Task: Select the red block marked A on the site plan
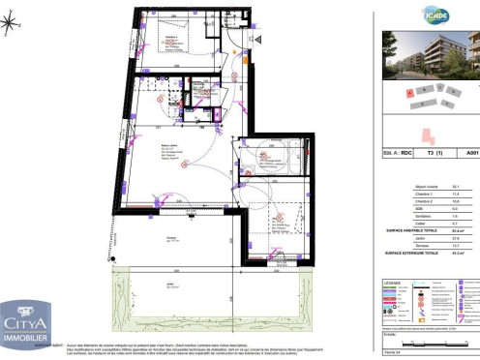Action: pyautogui.click(x=410, y=92)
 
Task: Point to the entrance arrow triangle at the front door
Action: pyautogui.click(x=258, y=37)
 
